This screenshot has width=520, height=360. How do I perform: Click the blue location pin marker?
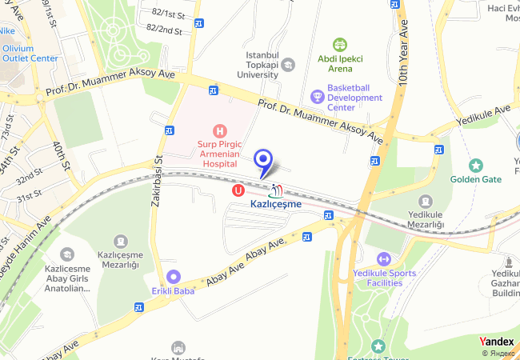[262, 160]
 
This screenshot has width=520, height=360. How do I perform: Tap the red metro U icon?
[238, 190]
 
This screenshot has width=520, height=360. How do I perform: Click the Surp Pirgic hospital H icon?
[217, 130]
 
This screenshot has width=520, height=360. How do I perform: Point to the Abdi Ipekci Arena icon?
[340, 45]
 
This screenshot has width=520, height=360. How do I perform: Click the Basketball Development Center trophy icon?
[318, 97]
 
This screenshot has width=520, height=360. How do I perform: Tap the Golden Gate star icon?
[476, 166]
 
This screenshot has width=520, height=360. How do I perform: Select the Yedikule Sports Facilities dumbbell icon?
[382, 258]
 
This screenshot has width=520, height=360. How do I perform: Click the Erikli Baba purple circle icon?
[173, 277]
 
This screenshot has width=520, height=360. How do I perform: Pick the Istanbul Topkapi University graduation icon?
[287, 64]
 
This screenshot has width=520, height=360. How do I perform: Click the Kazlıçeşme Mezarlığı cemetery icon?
[120, 241]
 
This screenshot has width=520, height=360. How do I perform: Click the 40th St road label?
[62, 157]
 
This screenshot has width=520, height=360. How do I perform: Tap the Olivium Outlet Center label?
[30, 53]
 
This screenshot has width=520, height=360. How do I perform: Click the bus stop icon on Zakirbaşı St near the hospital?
[170, 131]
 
